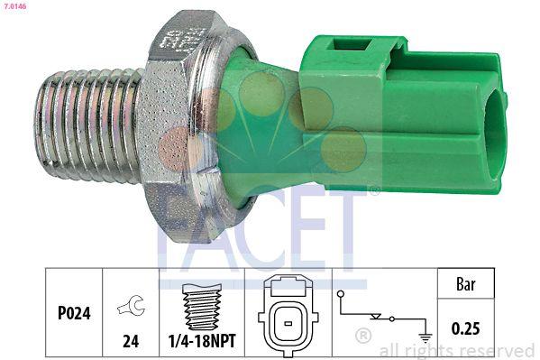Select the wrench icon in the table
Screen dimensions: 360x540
131,308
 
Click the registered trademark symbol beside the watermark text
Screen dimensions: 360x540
363,337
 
